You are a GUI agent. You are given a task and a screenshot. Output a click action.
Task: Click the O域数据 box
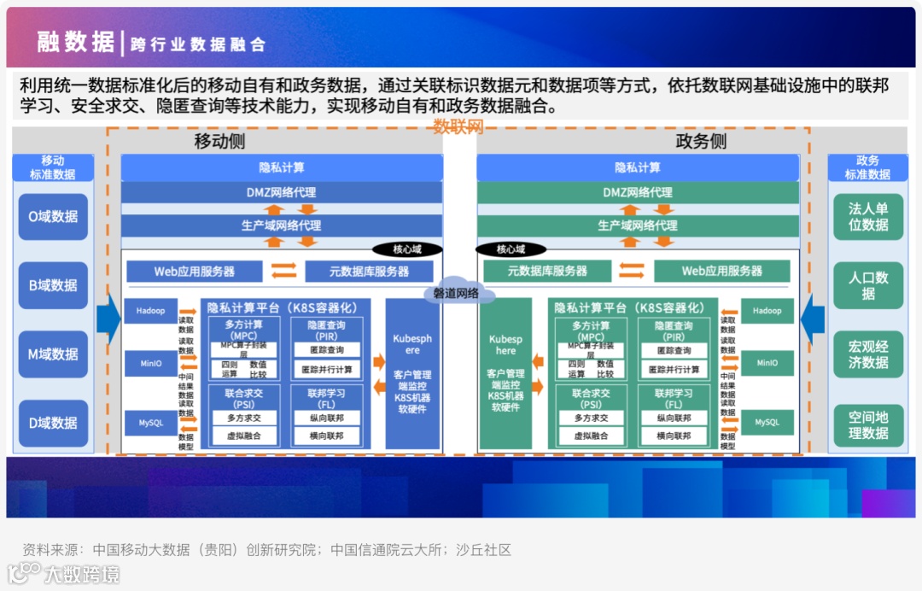(53, 217)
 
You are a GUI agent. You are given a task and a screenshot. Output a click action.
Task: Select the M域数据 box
(53, 354)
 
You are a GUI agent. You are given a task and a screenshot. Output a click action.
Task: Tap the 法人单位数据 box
(868, 217)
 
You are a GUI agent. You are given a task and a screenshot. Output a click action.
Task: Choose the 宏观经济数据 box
(868, 354)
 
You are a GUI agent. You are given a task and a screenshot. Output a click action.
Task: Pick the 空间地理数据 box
(868, 424)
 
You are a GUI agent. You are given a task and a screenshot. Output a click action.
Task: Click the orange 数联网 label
(458, 127)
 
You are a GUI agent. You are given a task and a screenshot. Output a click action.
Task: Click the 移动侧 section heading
(220, 142)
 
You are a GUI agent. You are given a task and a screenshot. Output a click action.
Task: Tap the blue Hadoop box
(151, 311)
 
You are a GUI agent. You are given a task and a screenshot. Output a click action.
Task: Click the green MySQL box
(767, 422)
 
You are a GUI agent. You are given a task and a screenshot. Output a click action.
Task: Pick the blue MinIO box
(151, 364)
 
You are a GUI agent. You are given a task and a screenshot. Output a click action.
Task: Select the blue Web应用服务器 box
(195, 272)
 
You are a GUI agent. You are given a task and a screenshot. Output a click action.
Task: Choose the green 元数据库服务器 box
(547, 272)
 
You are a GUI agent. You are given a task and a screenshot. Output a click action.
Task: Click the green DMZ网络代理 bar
(638, 193)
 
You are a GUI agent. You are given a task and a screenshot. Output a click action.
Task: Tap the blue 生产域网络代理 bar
(281, 225)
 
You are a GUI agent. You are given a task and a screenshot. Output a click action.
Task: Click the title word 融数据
(75, 41)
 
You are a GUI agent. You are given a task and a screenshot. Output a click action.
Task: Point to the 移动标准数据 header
(53, 167)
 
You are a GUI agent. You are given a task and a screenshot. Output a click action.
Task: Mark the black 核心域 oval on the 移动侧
(407, 249)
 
